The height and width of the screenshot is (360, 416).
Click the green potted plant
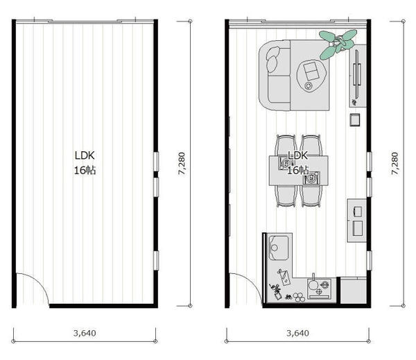[x=337, y=44]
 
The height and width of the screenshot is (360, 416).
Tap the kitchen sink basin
[x=278, y=248]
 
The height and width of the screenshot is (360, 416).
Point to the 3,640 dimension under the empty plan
[x=85, y=333]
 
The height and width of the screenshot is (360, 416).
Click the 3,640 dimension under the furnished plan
[x=297, y=333]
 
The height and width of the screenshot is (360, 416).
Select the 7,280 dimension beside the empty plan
[x=182, y=163]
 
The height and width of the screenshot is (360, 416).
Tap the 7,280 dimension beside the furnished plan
[x=395, y=163]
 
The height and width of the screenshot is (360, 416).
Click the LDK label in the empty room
[x=85, y=155]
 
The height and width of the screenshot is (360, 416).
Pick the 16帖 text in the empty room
[x=85, y=170]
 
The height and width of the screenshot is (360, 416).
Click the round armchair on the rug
[x=311, y=76]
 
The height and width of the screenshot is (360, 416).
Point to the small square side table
[x=355, y=119]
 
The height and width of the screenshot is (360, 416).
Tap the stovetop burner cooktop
[x=319, y=288]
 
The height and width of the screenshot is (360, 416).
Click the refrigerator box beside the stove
[x=353, y=290]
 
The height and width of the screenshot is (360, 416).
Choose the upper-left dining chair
[x=286, y=146]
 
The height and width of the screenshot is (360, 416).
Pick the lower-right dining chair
[x=311, y=196]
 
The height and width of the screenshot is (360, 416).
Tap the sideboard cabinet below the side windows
[x=357, y=221]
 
